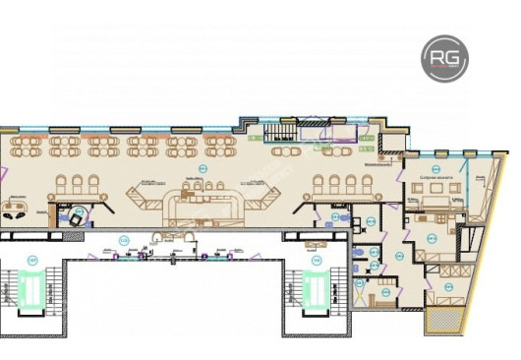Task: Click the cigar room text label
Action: tap(434, 177)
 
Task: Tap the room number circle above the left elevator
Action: tap(31, 259)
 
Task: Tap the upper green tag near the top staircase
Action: tap(366, 141)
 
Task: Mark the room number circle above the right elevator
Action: tap(316, 259)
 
